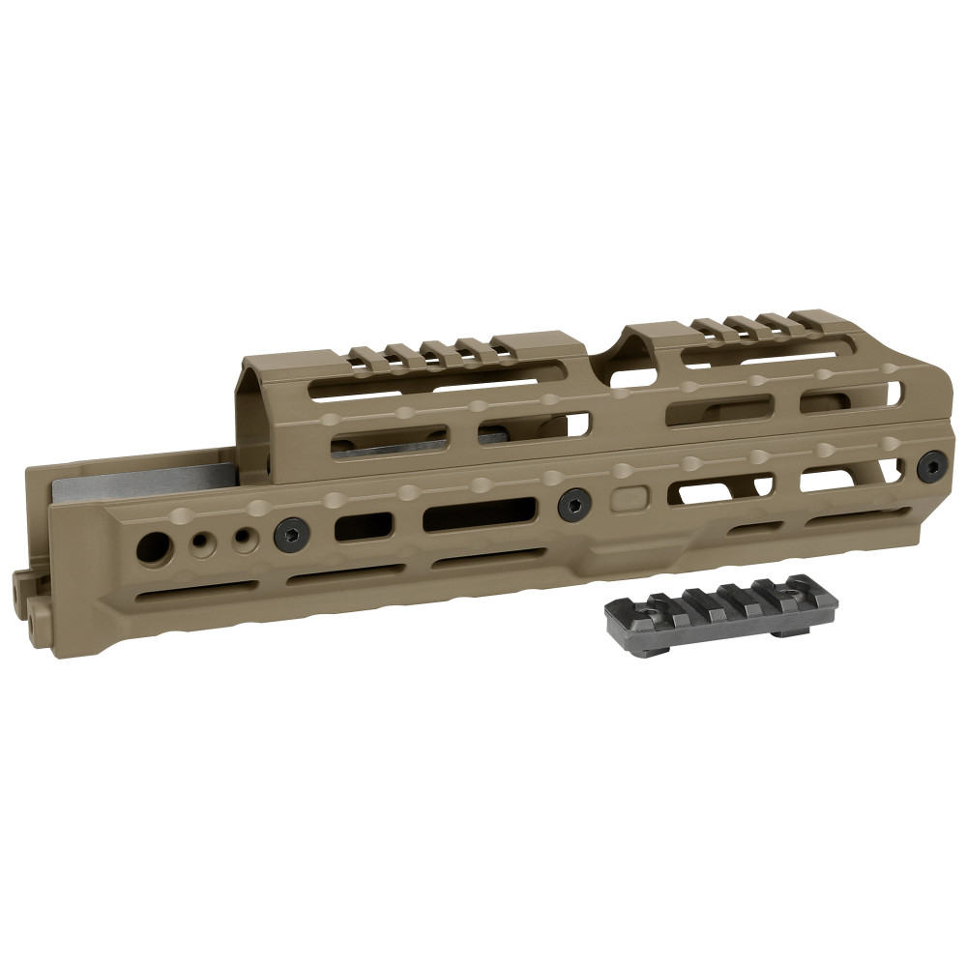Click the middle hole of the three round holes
pos(201,542)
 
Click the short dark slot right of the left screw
pos(364,527)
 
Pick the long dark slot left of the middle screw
pos(480,513)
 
